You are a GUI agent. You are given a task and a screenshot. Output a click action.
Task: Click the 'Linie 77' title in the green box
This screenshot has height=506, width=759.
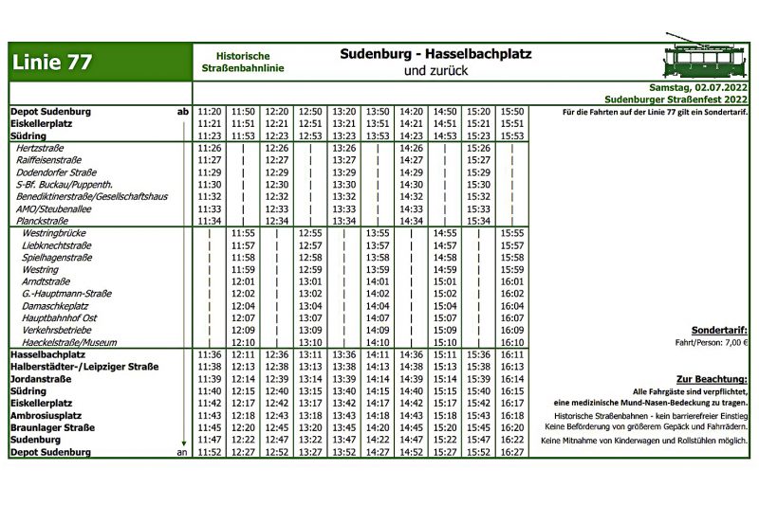click(52, 63)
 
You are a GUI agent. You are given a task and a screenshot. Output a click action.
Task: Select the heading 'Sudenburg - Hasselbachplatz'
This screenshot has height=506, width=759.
click(435, 54)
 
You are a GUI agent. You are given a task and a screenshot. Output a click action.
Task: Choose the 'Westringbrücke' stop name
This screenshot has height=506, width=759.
click(53, 233)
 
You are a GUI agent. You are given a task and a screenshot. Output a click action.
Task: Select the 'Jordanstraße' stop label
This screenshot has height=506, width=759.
click(43, 379)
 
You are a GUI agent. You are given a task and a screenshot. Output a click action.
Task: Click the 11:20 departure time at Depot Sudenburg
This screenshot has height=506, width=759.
click(210, 112)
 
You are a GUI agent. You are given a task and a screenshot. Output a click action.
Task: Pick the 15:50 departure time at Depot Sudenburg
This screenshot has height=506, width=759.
click(512, 112)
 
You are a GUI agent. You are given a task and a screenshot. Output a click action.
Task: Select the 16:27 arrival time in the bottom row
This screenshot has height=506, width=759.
click(512, 452)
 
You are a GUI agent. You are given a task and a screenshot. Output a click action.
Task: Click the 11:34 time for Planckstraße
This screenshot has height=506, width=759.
click(210, 221)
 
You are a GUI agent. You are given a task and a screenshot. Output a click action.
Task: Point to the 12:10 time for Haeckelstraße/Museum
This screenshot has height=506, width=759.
click(243, 342)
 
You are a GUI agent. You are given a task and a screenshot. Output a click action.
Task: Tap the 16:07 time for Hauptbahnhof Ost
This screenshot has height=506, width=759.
click(512, 318)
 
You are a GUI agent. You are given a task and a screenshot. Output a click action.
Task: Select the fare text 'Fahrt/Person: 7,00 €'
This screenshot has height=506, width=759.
click(713, 343)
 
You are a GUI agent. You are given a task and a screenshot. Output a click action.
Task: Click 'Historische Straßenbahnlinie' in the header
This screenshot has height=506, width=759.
click(243, 63)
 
